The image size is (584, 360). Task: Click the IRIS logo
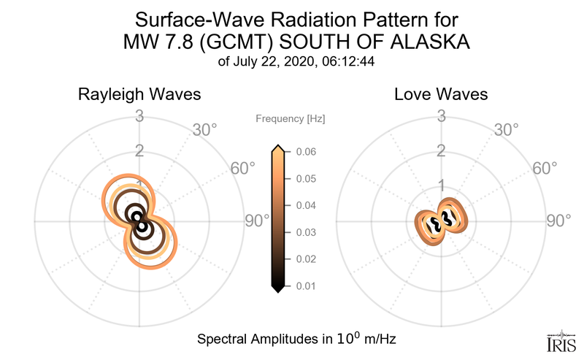561,342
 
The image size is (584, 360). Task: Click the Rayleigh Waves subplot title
140,95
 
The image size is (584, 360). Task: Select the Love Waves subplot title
441,95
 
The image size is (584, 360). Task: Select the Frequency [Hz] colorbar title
291,118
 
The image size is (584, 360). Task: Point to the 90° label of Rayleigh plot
257,221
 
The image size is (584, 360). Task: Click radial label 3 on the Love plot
441,115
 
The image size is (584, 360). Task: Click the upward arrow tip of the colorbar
277,148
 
